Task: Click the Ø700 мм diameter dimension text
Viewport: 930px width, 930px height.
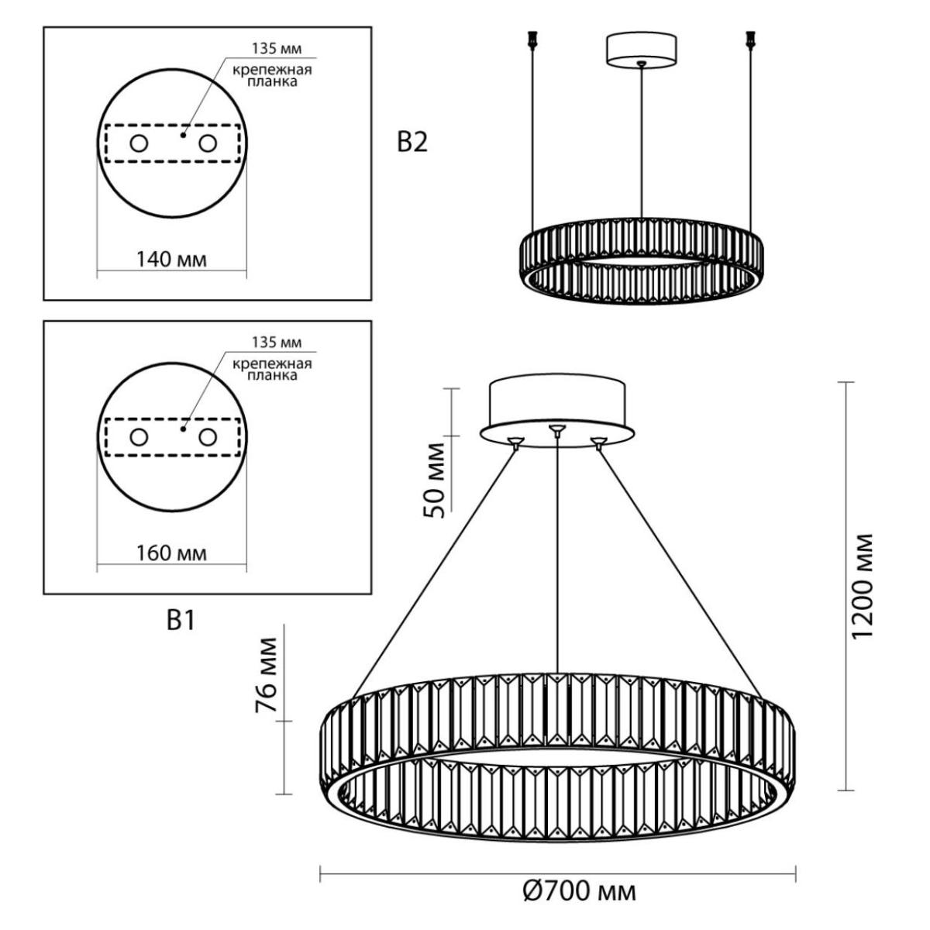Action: (579, 892)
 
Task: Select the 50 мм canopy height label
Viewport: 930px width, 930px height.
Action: (434, 480)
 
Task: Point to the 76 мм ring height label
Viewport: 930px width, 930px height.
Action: (267, 675)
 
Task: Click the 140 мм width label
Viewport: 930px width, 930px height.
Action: (171, 260)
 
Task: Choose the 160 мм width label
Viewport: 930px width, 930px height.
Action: (171, 553)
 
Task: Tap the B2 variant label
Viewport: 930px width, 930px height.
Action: (412, 143)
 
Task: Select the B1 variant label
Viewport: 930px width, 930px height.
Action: (181, 621)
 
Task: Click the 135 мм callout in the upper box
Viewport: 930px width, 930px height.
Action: (277, 49)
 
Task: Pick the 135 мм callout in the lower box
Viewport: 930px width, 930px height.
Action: (277, 343)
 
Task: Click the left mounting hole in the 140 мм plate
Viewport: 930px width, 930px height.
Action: (139, 143)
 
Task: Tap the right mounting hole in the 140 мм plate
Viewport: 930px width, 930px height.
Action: (208, 143)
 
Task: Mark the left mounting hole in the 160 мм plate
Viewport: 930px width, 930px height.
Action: (139, 437)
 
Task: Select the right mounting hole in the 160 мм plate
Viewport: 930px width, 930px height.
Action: (208, 437)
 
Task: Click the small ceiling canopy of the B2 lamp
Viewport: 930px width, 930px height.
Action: (640, 50)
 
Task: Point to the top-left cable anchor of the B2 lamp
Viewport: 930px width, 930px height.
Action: (532, 40)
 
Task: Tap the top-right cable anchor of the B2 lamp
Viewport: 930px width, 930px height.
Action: (750, 40)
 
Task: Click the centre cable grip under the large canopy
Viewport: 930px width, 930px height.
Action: (557, 429)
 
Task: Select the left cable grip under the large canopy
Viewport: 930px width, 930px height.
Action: (516, 442)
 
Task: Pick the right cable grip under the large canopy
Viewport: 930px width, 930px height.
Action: (598, 442)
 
